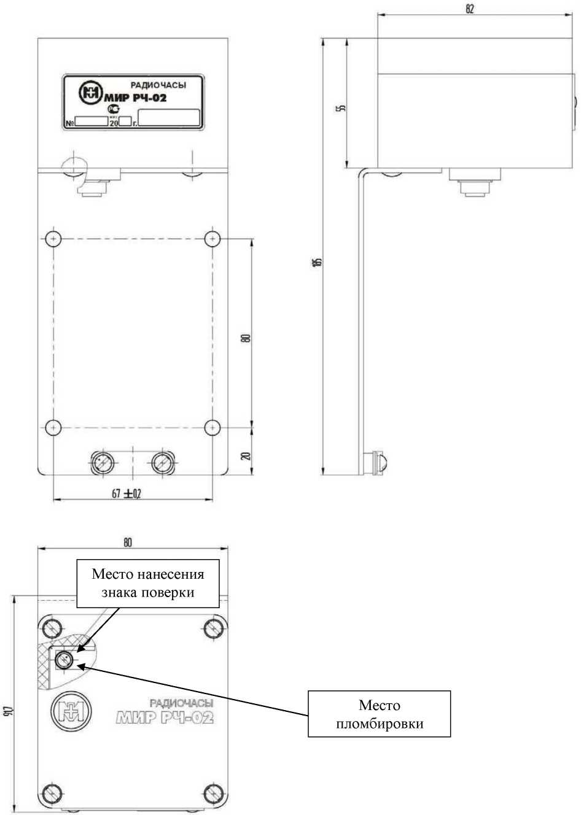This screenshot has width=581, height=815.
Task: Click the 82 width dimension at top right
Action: click(x=470, y=9)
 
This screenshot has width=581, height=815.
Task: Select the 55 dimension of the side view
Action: click(x=342, y=107)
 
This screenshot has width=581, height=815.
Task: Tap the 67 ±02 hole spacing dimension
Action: click(x=127, y=493)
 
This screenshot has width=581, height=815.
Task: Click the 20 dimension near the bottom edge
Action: click(x=246, y=457)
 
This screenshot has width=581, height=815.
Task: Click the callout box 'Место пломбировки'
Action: click(x=379, y=714)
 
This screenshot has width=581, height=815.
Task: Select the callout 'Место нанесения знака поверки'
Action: click(x=147, y=583)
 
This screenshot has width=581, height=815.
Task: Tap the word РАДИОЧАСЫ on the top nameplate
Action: click(x=158, y=86)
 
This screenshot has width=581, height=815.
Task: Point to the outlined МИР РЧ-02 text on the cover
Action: click(x=165, y=717)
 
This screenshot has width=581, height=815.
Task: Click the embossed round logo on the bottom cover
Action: click(x=72, y=710)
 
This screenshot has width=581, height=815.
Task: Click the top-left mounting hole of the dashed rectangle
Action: click(x=53, y=238)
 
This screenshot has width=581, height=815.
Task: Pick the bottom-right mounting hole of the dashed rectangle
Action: click(x=212, y=427)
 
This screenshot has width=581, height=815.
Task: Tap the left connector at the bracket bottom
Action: click(x=101, y=461)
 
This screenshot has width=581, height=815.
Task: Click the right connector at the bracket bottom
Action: click(x=163, y=461)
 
